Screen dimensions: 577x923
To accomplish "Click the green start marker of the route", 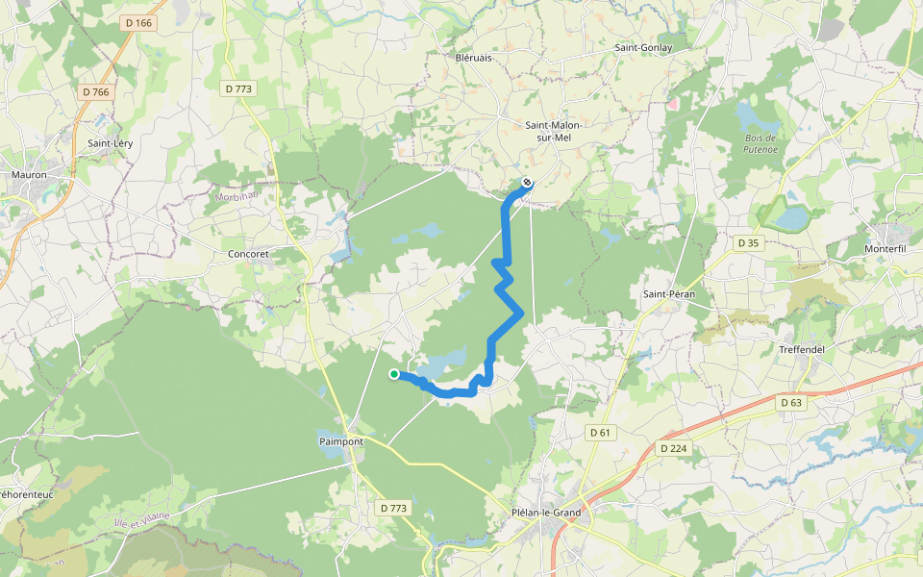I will [394, 374].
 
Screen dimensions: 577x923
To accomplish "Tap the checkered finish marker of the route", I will [527, 182].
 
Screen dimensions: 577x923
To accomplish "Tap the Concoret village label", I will [248, 254].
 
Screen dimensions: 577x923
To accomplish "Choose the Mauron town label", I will [29, 175].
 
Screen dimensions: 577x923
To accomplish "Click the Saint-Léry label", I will [111, 143].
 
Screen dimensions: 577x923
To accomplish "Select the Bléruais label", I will [473, 58].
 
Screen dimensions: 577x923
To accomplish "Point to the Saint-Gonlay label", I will [643, 47].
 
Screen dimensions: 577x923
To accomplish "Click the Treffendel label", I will [802, 349].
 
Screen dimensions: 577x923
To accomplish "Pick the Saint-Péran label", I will [668, 292].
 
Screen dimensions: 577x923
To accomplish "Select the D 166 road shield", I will [138, 22].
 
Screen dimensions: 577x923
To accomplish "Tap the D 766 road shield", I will [96, 91].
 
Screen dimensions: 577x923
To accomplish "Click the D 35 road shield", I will [748, 243].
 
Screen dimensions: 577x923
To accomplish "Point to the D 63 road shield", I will [791, 402].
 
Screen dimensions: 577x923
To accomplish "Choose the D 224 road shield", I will [676, 448].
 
